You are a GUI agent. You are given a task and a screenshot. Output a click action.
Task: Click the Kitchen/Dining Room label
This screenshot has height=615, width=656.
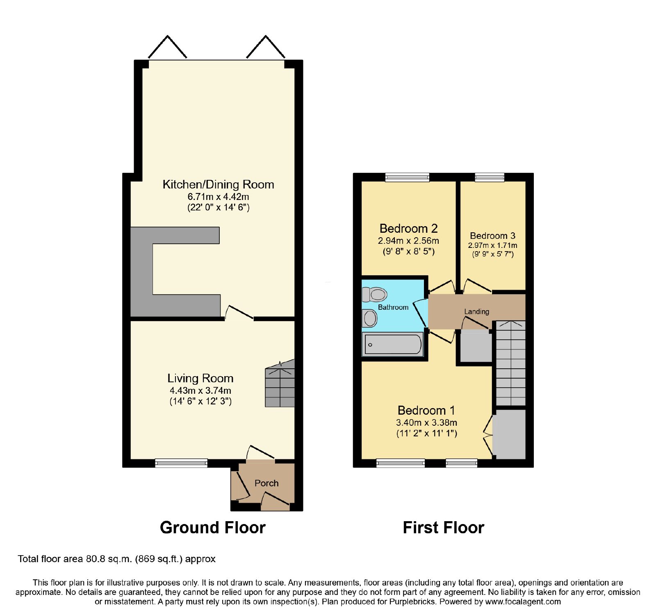(x=218, y=184)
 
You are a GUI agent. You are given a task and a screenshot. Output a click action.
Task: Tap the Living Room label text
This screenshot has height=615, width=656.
(x=200, y=378)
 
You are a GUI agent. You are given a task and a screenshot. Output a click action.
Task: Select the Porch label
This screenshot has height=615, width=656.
(x=266, y=483)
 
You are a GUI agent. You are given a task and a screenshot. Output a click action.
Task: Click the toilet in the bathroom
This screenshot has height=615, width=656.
(x=375, y=294)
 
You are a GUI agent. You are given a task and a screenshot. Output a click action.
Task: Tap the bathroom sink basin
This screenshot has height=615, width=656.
(x=370, y=318)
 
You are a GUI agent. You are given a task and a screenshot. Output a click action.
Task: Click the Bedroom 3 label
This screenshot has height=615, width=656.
(x=492, y=236)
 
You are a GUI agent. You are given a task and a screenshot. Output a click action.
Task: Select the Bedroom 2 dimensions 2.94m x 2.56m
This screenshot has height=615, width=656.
(x=408, y=241)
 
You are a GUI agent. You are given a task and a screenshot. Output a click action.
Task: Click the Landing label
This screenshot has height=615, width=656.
(x=476, y=311)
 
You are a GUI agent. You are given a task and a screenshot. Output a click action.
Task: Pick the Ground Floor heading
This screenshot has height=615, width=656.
(x=213, y=527)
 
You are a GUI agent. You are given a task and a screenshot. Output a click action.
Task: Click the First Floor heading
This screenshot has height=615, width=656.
(x=444, y=527)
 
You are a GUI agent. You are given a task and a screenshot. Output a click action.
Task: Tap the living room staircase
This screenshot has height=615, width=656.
(x=280, y=384)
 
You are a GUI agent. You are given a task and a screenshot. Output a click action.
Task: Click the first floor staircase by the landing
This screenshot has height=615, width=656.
(x=511, y=363)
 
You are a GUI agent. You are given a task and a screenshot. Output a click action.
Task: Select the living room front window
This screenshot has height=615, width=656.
(x=181, y=463)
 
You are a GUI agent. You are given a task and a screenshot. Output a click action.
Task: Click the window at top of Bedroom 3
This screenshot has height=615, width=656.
(x=490, y=177)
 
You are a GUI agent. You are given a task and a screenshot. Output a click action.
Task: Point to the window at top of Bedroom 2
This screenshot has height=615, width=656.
(x=407, y=177)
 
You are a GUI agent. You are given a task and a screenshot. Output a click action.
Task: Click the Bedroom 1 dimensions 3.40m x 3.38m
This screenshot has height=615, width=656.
(x=426, y=422)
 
